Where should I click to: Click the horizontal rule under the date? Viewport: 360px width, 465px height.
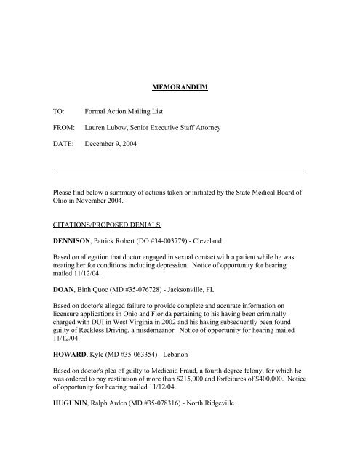tap(179, 170)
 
